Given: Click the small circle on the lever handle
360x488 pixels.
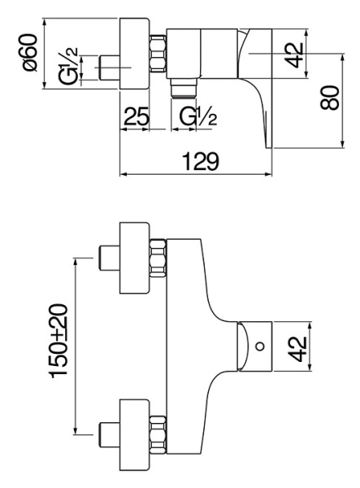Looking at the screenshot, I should [259, 347].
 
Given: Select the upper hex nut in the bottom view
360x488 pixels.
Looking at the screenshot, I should [158, 259].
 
